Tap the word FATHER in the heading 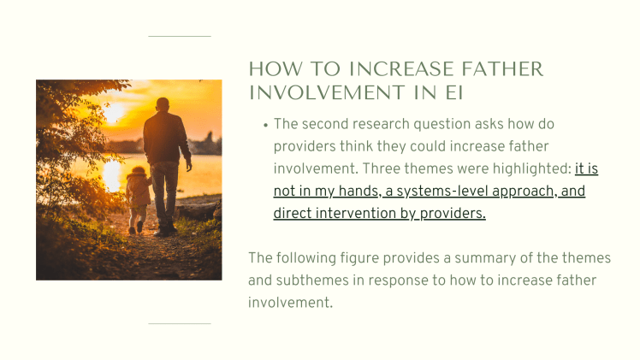coord(495,69)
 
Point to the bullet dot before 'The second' coord(265,125)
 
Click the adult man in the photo coord(167,162)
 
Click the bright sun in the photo coord(114,112)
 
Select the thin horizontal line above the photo coord(180,37)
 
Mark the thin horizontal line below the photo coord(180,324)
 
